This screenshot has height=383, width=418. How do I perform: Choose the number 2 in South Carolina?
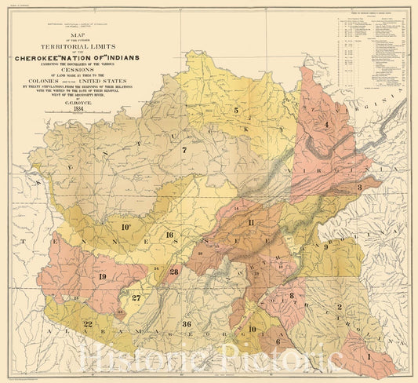tap(340, 306)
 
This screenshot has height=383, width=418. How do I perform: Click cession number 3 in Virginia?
tap(358, 188)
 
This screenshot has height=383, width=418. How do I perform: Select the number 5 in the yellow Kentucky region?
tap(235, 111)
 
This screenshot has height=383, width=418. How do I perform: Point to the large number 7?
tap(184, 149)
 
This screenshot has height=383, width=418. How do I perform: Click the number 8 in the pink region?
tap(292, 295)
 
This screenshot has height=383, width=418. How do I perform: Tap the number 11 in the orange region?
tap(250, 224)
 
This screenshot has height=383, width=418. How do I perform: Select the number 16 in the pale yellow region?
tap(169, 235)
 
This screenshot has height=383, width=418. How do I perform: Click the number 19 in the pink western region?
tap(102, 275)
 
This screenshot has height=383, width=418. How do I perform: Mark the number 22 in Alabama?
tap(88, 324)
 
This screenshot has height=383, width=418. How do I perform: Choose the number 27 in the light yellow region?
tap(136, 297)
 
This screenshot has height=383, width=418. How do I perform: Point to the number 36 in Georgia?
tap(186, 324)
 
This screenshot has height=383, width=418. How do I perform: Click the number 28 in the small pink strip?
tap(173, 271)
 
